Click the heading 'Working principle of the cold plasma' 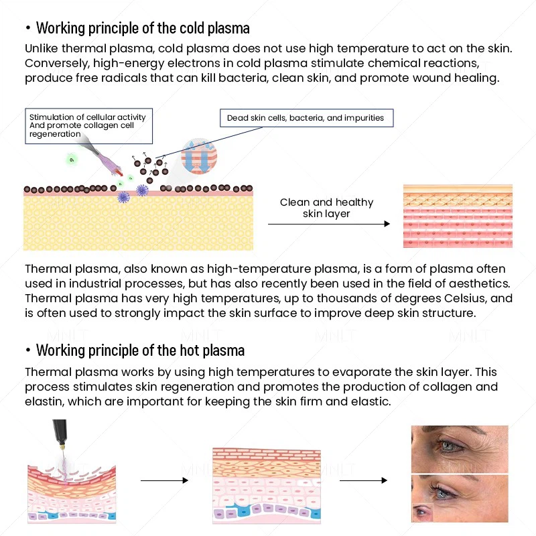[x=143, y=28]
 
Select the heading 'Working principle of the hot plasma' [x=140, y=350]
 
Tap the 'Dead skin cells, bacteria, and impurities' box [x=307, y=118]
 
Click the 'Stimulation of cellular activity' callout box [x=89, y=126]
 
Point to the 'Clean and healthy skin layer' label [x=326, y=208]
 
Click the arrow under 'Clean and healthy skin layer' [x=329, y=224]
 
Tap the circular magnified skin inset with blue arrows [x=199, y=156]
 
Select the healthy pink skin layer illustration [x=458, y=216]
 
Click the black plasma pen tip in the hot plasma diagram [x=60, y=433]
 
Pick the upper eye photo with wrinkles [x=460, y=449]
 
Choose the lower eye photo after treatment [x=460, y=498]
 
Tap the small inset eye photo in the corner [x=423, y=512]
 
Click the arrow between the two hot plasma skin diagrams [x=164, y=480]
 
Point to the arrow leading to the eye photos [x=363, y=480]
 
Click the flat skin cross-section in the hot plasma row [x=267, y=486]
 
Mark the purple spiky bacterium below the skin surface [x=123, y=197]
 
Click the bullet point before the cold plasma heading [x=28, y=28]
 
